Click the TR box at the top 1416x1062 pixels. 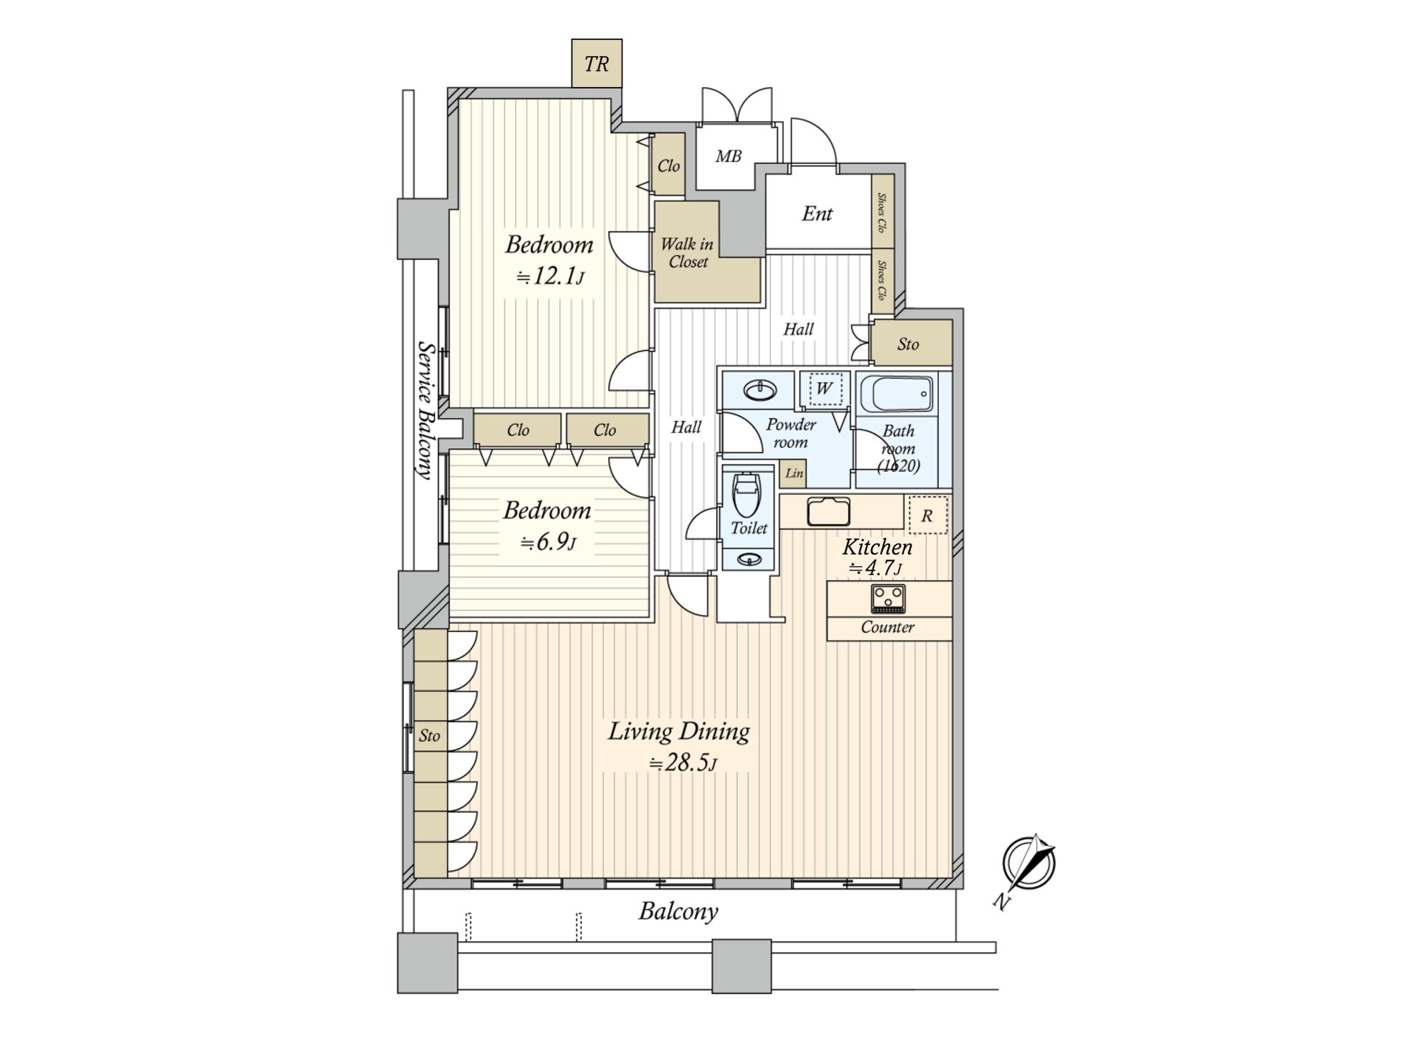(597, 64)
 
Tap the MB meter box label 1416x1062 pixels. (728, 156)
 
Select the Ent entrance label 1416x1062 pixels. (817, 214)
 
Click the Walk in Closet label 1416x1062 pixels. (687, 252)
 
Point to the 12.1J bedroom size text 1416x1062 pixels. (550, 277)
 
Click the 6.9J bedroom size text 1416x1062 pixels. (548, 542)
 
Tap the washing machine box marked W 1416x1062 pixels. (825, 389)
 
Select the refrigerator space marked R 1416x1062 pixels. (927, 516)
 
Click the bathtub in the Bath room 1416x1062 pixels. (897, 395)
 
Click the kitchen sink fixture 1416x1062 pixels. (829, 511)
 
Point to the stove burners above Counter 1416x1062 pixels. (888, 597)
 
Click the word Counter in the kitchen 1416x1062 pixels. (887, 628)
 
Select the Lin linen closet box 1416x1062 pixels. (794, 473)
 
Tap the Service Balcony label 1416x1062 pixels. (425, 409)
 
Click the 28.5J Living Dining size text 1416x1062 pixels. (682, 763)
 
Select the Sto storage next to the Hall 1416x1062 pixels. (909, 344)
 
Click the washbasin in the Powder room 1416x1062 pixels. (759, 389)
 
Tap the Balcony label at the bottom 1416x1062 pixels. (678, 912)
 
